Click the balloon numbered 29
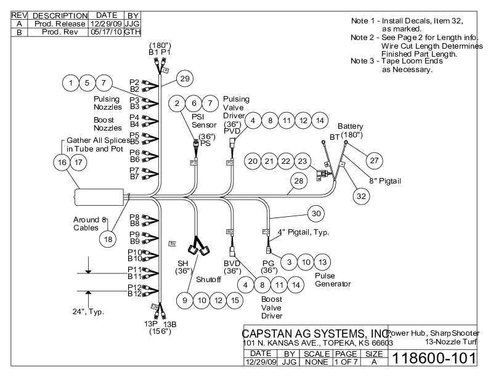(184, 78)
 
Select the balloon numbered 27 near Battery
(373, 160)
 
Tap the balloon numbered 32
(361, 195)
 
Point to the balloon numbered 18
(108, 240)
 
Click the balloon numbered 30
(316, 213)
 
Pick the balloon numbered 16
(61, 161)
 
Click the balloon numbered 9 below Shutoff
(184, 300)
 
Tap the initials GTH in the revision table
(132, 31)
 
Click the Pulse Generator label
(333, 280)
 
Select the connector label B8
(134, 224)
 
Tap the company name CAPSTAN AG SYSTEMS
(314, 334)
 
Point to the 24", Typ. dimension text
(87, 312)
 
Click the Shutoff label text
(208, 279)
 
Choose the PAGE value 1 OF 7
(346, 363)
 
